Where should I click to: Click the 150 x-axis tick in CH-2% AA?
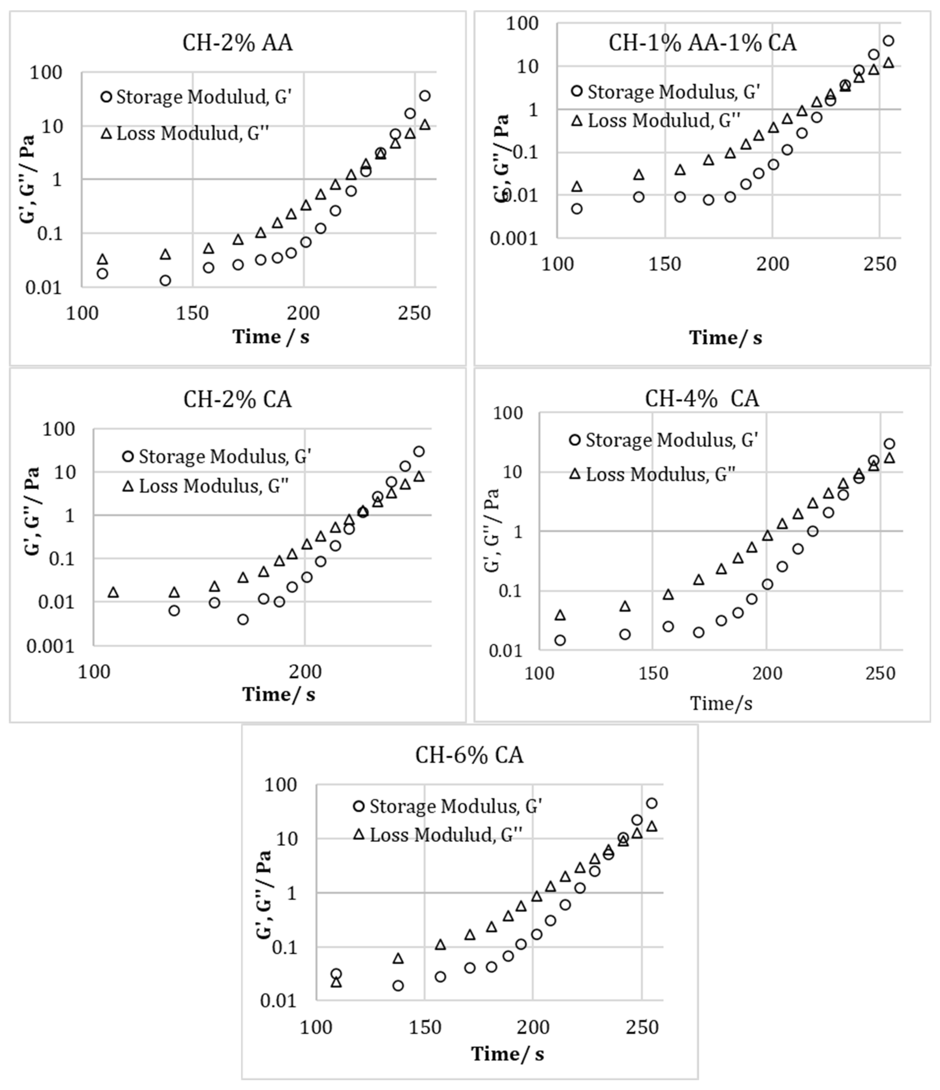192,314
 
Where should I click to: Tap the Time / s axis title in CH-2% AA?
271,337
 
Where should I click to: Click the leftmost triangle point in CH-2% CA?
113,592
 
